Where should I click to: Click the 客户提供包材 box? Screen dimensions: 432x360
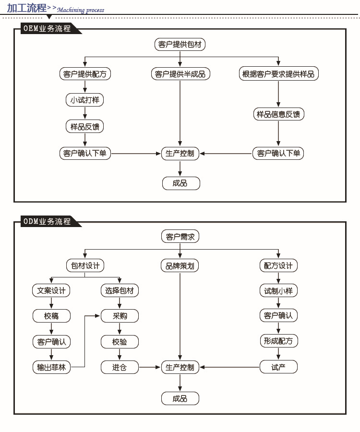(180, 45)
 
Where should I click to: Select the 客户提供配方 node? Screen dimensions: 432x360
(85, 74)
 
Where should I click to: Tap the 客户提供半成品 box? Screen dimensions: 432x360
(180, 74)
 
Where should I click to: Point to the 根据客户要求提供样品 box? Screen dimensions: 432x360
(278, 74)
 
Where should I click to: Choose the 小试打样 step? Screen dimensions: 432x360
(85, 100)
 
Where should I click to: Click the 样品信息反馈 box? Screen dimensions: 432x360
(278, 114)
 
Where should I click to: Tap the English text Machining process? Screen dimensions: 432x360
(80, 10)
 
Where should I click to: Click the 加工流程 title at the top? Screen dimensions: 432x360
(26, 8)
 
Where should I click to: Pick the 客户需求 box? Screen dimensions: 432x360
(180, 236)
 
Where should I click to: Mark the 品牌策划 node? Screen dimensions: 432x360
(180, 265)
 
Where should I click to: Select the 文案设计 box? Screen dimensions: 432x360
(51, 290)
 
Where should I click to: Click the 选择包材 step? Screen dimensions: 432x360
(120, 290)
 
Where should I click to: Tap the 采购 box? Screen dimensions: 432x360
(120, 316)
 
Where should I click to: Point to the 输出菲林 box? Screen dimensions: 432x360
(51, 367)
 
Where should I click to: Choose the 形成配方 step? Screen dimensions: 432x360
(278, 341)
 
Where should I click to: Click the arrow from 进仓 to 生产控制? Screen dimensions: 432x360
(150, 367)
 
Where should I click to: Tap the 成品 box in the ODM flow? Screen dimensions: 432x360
(180, 398)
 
